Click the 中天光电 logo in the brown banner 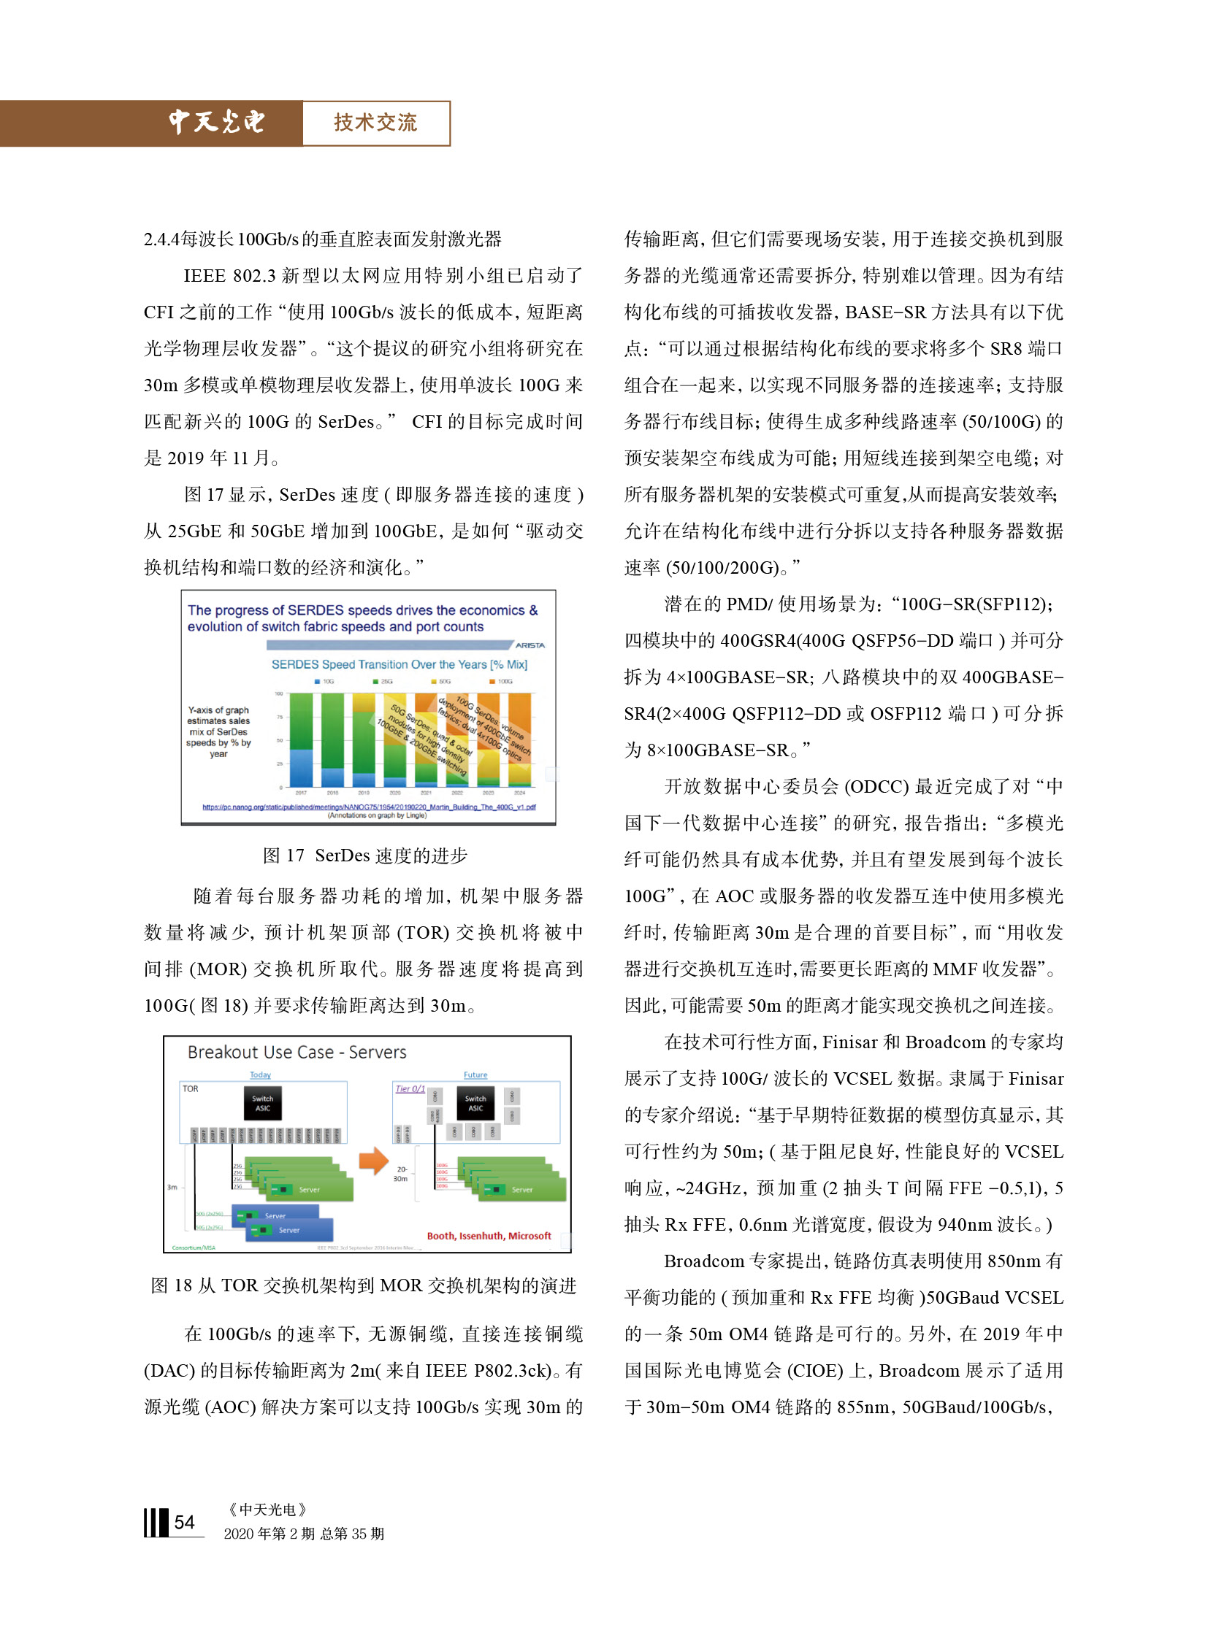tap(216, 122)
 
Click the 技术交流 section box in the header tap(376, 123)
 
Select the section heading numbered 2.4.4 tap(323, 239)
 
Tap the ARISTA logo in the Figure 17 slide tap(530, 645)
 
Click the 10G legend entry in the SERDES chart tap(324, 681)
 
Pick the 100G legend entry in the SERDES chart tap(502, 681)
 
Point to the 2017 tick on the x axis tap(300, 792)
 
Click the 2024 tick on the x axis tap(519, 792)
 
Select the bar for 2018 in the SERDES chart tap(333, 738)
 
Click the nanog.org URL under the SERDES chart tap(369, 807)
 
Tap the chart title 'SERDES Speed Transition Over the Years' tap(400, 664)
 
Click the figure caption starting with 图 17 tap(365, 855)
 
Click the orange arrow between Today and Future tap(373, 1161)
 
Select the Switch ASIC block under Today tap(262, 1103)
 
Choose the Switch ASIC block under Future tap(475, 1103)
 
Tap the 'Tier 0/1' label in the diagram tap(410, 1088)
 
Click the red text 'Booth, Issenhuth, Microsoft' tap(489, 1236)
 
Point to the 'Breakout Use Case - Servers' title tap(297, 1052)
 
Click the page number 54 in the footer tap(184, 1523)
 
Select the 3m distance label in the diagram tap(172, 1187)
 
